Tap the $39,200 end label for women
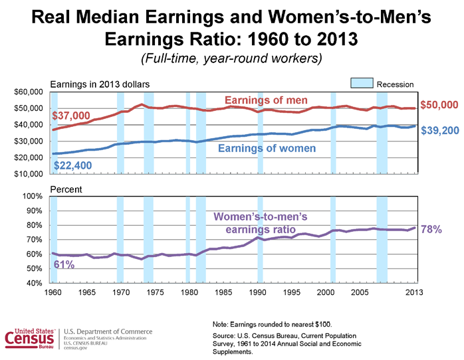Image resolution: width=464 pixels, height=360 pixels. click(x=440, y=131)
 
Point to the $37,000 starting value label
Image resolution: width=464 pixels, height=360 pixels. click(x=71, y=116)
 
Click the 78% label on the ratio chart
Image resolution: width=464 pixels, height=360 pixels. click(x=431, y=229)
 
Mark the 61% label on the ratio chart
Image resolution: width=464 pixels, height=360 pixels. click(x=64, y=264)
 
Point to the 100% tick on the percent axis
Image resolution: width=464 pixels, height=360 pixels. click(x=31, y=197)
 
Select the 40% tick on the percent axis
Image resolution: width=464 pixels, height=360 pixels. click(x=33, y=284)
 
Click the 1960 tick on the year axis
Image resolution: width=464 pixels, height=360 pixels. click(x=51, y=292)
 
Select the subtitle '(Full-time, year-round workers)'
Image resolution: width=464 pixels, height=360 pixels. click(x=231, y=59)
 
